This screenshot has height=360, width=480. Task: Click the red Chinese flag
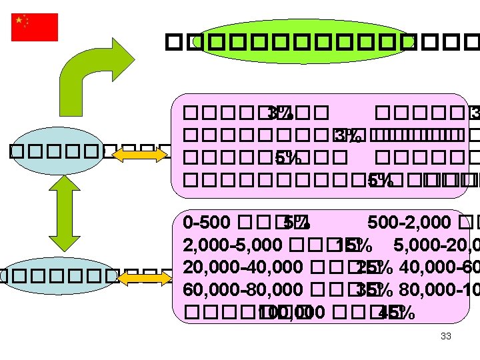[x=35, y=27]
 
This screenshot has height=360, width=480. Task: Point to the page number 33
[x=446, y=337]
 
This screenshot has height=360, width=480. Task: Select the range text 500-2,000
[x=401, y=221]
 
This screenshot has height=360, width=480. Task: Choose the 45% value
[x=392, y=313]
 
